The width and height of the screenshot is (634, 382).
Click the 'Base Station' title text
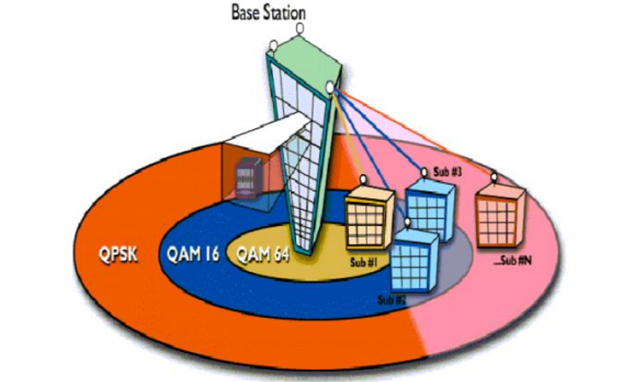tap(269, 12)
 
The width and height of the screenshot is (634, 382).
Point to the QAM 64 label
tap(263, 254)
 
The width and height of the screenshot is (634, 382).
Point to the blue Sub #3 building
tap(431, 206)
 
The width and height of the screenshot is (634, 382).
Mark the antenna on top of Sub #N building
tap(494, 176)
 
